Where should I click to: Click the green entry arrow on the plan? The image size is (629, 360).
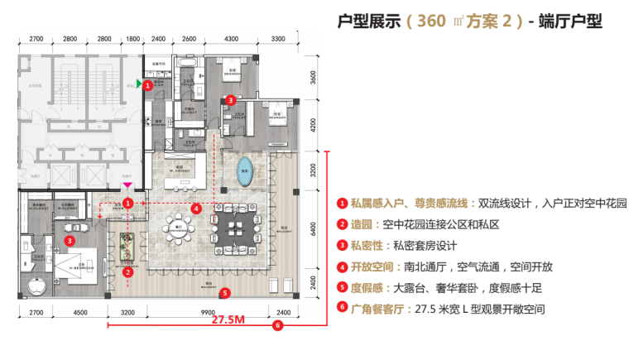(x=139, y=83)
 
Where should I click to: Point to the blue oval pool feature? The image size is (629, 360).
(x=244, y=172)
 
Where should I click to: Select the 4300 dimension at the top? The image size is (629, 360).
(x=231, y=39)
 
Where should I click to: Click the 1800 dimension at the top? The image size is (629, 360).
(x=133, y=39)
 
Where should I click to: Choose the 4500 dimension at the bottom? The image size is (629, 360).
(x=80, y=312)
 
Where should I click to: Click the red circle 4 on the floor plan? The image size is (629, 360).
(x=195, y=209)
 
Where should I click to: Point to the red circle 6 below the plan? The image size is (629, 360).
(x=277, y=326)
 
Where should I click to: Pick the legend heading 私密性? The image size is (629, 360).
(x=366, y=245)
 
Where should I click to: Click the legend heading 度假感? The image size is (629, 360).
(x=366, y=288)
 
